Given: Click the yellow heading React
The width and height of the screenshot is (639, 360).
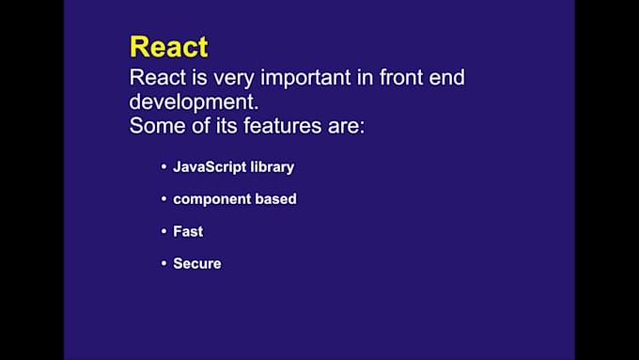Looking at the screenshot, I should tap(168, 46).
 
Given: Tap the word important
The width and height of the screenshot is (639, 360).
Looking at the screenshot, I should tap(297, 77).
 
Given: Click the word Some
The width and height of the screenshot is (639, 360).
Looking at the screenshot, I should tap(157, 126).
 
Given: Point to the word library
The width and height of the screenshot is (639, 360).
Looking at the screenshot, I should tap(273, 167).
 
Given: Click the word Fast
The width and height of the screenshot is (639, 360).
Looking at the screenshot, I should tap(188, 231).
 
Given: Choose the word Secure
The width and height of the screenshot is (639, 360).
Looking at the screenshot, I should tap(197, 263).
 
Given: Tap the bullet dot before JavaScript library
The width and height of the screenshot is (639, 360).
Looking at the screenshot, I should tap(164, 167).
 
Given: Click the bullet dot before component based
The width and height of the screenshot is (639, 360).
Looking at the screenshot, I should tap(164, 199).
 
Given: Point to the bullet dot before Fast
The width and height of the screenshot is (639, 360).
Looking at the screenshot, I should tap(164, 231).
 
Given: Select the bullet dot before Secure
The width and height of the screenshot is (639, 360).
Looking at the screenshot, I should tap(164, 263).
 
